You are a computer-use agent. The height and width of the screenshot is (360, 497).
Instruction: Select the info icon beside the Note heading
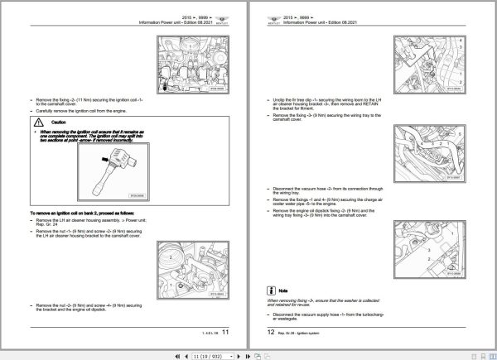(x=271, y=290)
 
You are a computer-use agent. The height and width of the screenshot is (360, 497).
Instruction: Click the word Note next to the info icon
(x=283, y=290)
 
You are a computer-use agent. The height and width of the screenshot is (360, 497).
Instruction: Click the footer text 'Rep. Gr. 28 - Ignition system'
(x=301, y=333)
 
